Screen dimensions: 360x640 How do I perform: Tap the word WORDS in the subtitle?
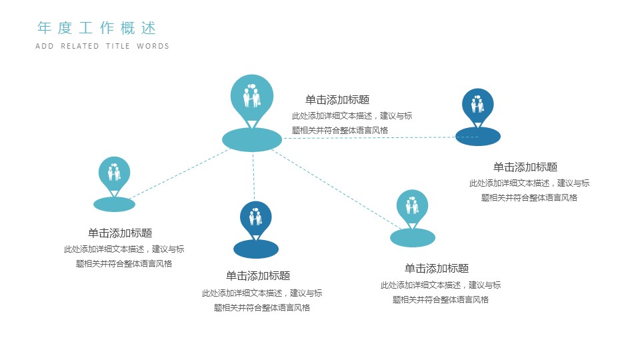click(x=153, y=47)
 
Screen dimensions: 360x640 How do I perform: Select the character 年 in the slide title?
click(x=45, y=28)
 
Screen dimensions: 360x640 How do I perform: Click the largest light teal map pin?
click(x=252, y=97)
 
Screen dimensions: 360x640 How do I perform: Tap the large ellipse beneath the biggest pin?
click(x=252, y=139)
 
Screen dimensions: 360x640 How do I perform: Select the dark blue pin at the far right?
click(x=478, y=105)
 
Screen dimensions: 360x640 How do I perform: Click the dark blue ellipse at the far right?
click(x=478, y=137)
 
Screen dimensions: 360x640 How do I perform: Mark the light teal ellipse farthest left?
click(x=114, y=205)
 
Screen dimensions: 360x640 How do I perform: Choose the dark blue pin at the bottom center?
click(x=256, y=217)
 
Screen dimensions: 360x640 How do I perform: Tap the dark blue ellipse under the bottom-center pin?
click(x=256, y=249)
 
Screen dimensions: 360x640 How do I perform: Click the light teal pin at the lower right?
click(x=413, y=206)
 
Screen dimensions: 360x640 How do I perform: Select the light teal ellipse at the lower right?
click(x=413, y=237)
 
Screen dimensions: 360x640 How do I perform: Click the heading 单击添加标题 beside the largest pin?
click(x=337, y=100)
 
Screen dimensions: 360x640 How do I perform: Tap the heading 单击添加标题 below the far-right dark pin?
click(x=525, y=167)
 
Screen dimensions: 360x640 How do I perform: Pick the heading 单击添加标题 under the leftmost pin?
click(x=120, y=233)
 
